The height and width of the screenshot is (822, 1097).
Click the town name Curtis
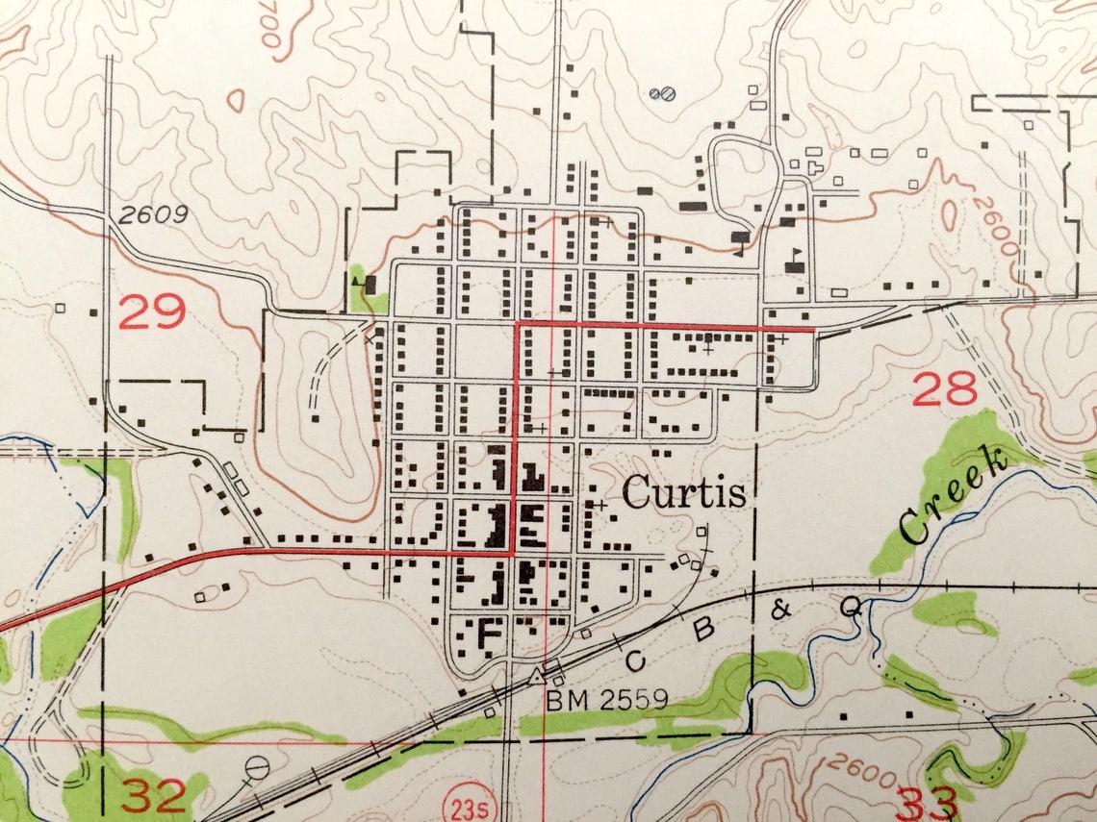(683, 493)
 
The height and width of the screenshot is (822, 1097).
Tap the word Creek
(953, 497)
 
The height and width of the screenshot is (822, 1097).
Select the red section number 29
(151, 313)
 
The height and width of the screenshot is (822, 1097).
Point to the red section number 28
(944, 389)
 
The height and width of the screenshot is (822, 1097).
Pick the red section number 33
(927, 800)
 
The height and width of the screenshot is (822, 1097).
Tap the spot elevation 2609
(154, 215)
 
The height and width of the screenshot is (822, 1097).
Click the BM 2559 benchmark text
(607, 699)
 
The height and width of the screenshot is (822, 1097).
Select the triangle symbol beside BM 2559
(534, 677)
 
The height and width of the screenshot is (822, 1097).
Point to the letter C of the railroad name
(634, 661)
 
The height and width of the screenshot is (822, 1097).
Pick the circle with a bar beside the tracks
(258, 767)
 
